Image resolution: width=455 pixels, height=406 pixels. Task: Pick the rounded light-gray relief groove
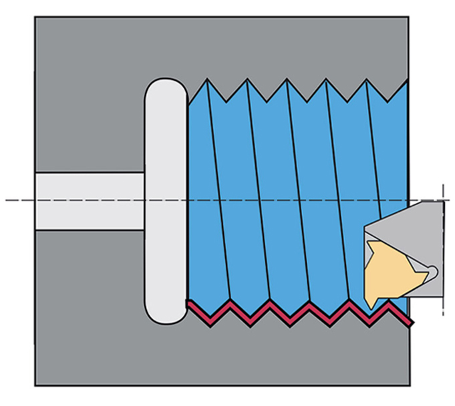click(166, 200)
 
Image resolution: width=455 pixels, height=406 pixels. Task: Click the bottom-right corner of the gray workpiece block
click(408, 385)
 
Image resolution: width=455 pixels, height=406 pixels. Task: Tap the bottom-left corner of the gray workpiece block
click(35, 385)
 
